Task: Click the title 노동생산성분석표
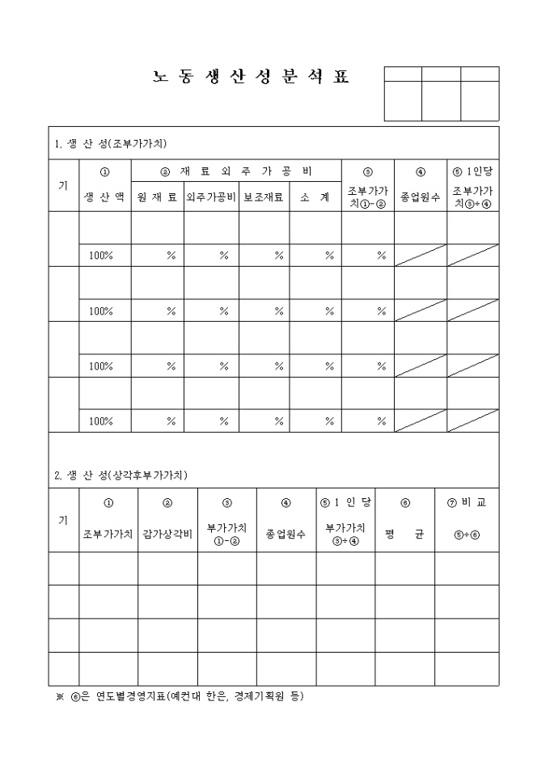251,78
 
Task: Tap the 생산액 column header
104,197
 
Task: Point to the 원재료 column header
157,197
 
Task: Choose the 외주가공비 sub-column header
210,197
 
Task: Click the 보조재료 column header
264,197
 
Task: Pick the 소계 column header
315,197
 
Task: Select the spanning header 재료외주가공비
236,171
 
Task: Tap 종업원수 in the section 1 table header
421,197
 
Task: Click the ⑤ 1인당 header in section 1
472,171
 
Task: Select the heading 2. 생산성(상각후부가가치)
121,475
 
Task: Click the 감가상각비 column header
167,535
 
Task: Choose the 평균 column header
404,535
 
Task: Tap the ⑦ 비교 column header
467,502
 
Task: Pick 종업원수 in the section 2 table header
286,535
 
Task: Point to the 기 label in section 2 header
63,519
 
